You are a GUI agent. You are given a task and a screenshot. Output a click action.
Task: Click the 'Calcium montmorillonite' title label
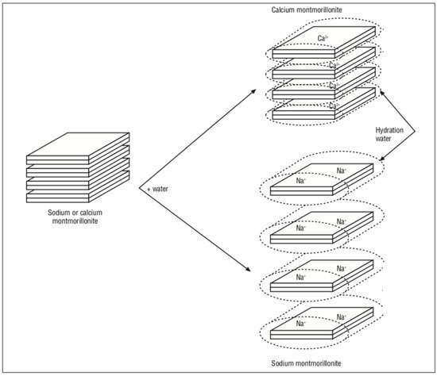(x=307, y=10)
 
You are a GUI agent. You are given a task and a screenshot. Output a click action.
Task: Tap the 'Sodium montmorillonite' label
(x=306, y=363)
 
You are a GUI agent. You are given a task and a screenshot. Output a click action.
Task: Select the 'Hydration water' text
(x=389, y=134)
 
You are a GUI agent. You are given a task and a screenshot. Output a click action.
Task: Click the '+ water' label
(x=157, y=189)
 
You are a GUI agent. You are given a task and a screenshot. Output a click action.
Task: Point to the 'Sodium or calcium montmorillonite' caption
(x=75, y=217)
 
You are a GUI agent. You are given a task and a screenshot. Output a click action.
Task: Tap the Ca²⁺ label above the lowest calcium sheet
(x=334, y=106)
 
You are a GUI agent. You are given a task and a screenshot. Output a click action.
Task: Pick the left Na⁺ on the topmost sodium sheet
(x=301, y=181)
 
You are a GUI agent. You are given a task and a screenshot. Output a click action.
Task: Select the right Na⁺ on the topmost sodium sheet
(x=342, y=171)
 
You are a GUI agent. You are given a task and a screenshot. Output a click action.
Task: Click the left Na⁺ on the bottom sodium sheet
(x=301, y=324)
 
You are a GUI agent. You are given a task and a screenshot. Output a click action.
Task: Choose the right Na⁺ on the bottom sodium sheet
(x=342, y=317)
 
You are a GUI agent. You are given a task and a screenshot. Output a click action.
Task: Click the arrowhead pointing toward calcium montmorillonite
(x=253, y=91)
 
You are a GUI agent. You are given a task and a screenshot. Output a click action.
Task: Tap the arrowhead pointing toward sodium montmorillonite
(x=247, y=269)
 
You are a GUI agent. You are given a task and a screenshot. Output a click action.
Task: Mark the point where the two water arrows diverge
(x=139, y=188)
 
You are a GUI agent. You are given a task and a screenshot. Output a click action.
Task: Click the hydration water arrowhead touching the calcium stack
(x=382, y=92)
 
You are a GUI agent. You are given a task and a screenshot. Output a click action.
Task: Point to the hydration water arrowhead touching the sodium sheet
(x=382, y=158)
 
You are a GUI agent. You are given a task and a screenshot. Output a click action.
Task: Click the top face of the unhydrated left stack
(x=78, y=144)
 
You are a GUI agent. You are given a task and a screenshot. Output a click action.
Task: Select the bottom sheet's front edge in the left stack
(x=58, y=198)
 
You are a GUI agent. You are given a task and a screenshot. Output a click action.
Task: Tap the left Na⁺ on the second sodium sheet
(x=301, y=228)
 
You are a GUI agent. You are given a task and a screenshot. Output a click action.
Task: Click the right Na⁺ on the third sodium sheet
(x=342, y=269)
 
